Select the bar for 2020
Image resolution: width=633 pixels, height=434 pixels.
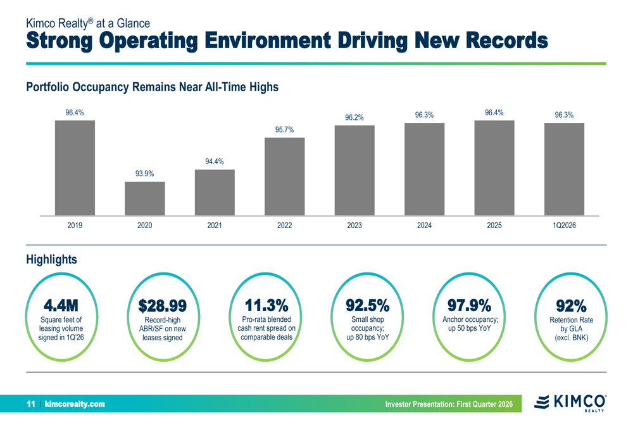[x=144, y=198]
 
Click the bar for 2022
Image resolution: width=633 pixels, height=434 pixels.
[x=284, y=176]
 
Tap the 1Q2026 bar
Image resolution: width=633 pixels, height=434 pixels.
[x=564, y=169]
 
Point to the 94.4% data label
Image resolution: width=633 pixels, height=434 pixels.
[x=215, y=162]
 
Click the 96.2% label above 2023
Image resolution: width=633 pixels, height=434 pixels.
[x=354, y=117]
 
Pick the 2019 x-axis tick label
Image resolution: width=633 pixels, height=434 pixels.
[x=75, y=225]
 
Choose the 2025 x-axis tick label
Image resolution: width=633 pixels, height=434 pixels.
[x=494, y=225]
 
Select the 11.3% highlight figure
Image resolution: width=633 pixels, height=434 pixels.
[x=266, y=305]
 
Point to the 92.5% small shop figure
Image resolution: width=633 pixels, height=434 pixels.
[x=367, y=305]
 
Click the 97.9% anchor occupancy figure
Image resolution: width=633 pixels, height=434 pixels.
[x=470, y=305]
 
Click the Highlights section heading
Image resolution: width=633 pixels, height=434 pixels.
[x=51, y=259]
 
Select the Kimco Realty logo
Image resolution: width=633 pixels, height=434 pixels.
[x=570, y=402]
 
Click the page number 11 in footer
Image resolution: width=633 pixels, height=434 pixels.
[x=30, y=404]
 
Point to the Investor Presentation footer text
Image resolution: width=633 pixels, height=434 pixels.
[x=453, y=404]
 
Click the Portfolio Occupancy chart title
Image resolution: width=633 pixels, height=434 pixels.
[x=152, y=87]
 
